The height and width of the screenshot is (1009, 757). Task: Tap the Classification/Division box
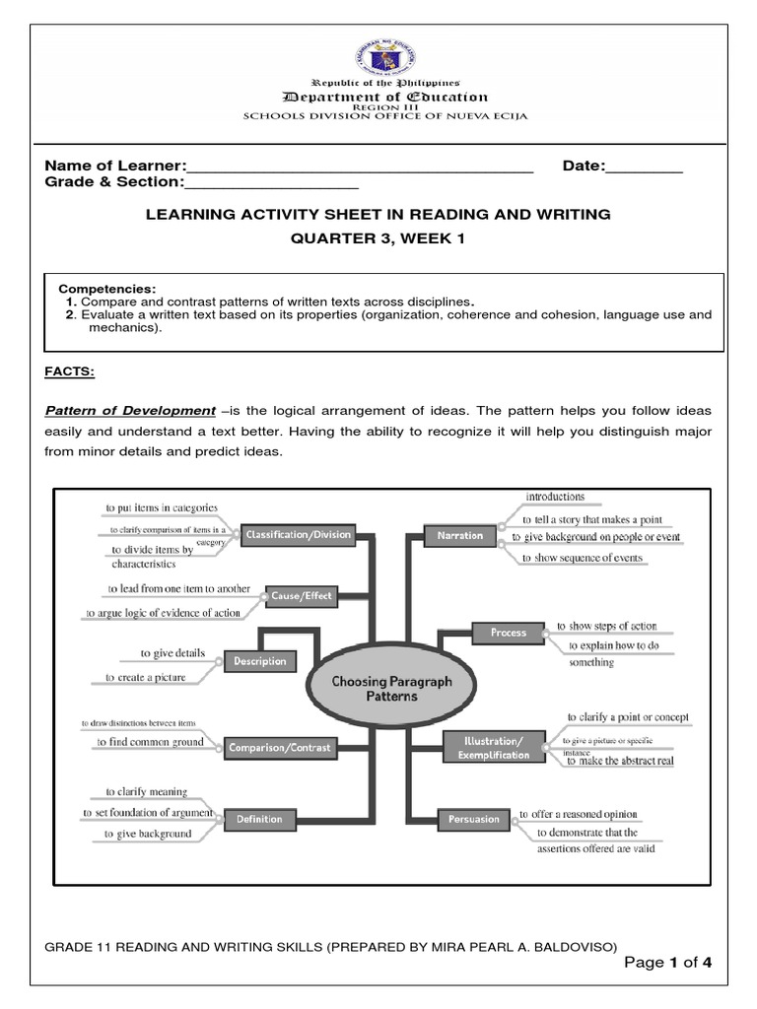click(x=298, y=535)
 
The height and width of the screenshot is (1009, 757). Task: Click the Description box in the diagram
click(x=260, y=661)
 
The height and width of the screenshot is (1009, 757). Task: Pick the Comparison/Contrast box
click(x=280, y=748)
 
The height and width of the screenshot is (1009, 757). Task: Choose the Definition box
click(x=259, y=819)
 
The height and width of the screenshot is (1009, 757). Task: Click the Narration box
click(x=460, y=535)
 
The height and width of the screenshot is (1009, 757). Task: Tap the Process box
click(x=509, y=633)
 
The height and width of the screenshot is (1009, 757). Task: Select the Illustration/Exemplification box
click(x=494, y=747)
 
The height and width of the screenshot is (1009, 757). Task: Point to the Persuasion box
click(x=474, y=819)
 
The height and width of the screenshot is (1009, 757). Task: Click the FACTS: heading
click(x=69, y=371)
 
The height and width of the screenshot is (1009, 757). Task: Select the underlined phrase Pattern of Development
click(x=130, y=410)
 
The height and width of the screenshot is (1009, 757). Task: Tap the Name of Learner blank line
click(x=360, y=167)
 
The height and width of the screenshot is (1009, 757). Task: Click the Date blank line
click(x=644, y=167)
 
